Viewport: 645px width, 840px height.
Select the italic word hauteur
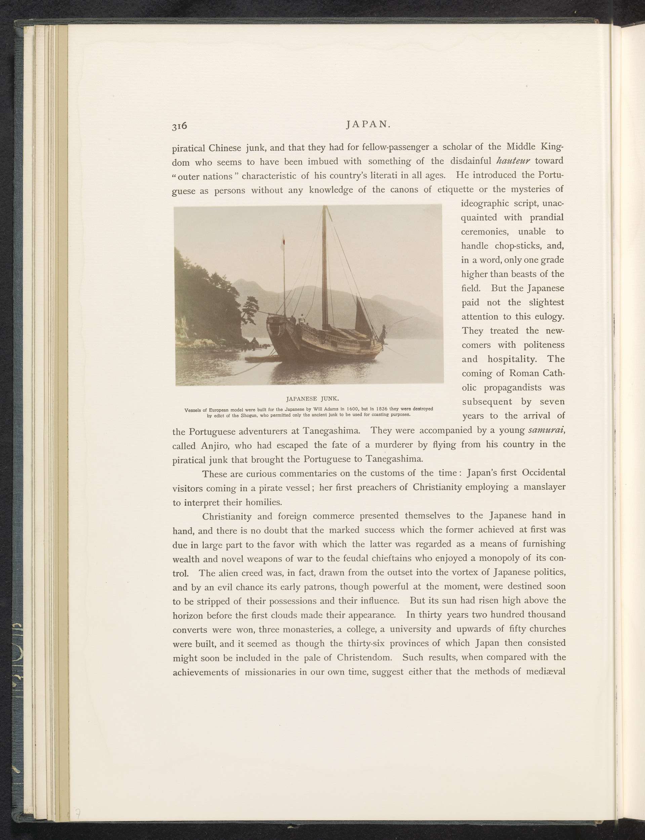(513, 160)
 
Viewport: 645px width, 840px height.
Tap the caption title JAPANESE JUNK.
(313, 397)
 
